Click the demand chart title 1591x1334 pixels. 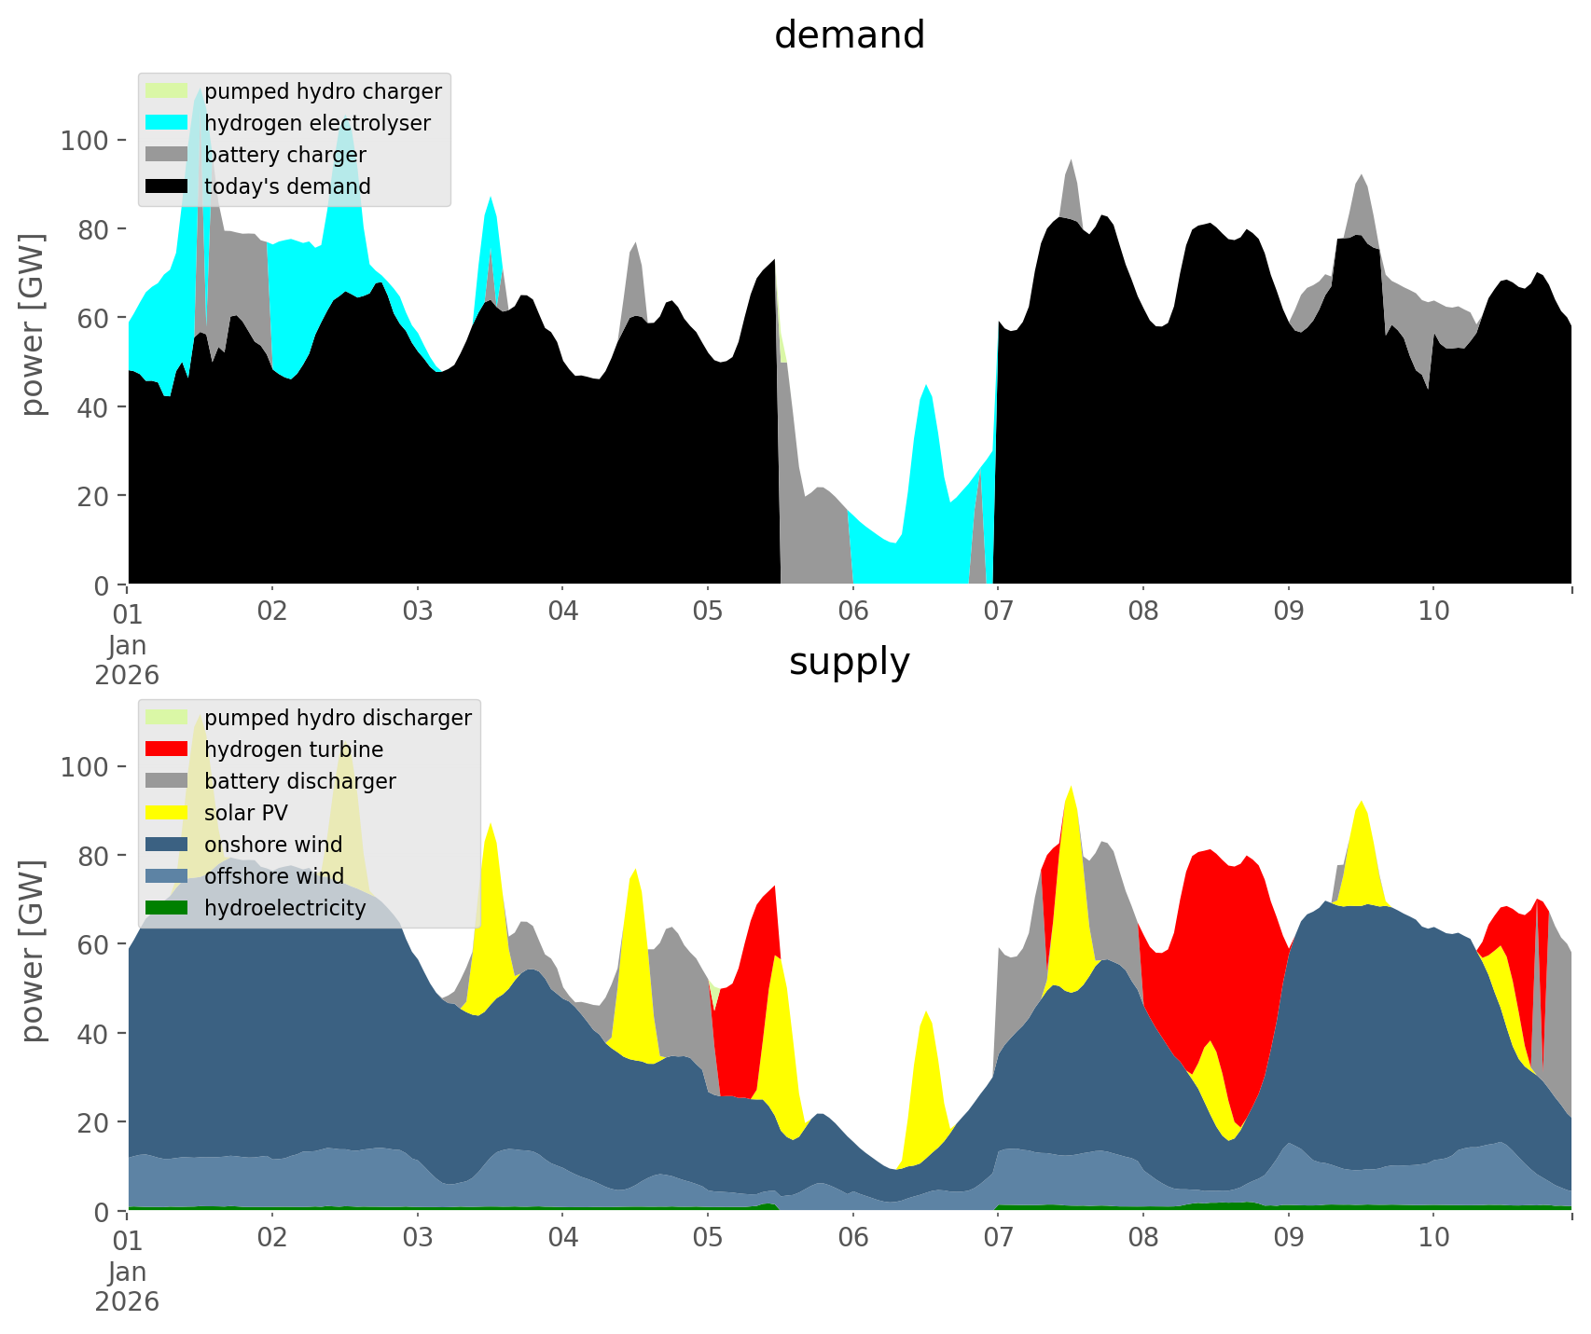[x=849, y=35]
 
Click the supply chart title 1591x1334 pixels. [x=849, y=662]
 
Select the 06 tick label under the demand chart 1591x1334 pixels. [x=852, y=612]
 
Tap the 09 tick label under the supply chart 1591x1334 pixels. [x=1288, y=1238]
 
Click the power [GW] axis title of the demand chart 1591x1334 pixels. [x=33, y=324]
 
